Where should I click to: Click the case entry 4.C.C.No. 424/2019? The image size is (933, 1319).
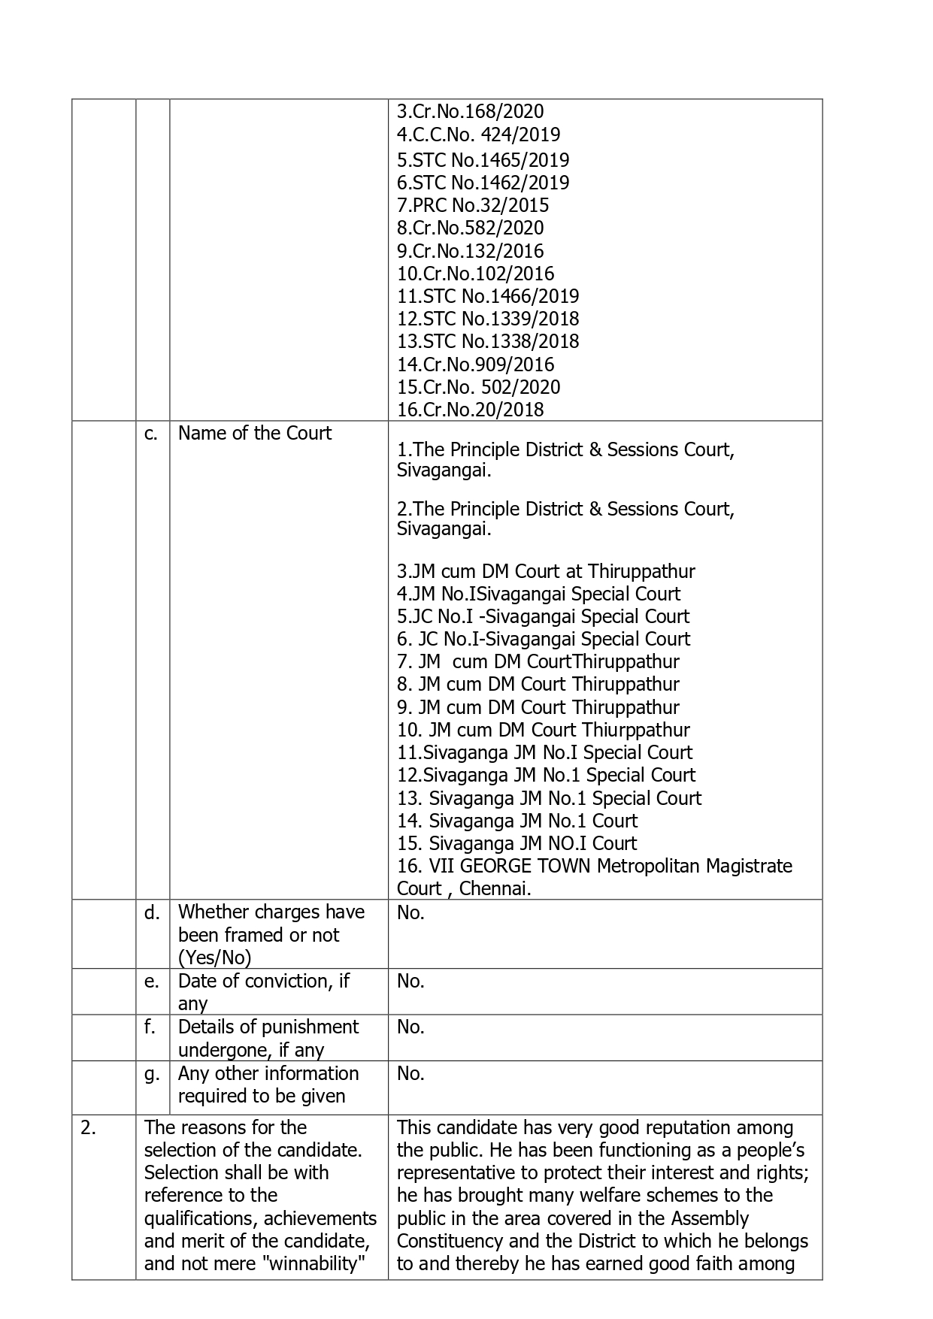coord(478,135)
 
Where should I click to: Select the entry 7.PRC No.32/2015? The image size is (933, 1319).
coord(473,205)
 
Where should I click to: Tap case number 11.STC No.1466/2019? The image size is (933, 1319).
coord(488,296)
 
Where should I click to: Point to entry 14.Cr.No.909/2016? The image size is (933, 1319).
coord(475,365)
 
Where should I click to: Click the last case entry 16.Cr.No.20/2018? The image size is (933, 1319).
coord(470,410)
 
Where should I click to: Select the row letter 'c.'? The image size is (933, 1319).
coord(151,434)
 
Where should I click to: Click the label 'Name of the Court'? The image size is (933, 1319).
coord(254,434)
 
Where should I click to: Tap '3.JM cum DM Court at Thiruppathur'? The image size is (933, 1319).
coord(546,571)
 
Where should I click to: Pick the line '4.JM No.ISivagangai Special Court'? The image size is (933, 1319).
coord(538,594)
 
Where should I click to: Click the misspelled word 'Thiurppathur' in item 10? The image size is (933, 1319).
coord(635,730)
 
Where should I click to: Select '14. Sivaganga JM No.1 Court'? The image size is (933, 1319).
coord(517,821)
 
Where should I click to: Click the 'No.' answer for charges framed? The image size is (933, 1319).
coord(410,912)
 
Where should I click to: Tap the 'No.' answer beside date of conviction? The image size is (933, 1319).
coord(410,981)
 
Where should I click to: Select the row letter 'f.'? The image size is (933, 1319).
coord(150,1027)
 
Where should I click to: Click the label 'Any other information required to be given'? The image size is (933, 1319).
coord(268,1085)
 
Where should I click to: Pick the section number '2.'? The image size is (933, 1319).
coord(88,1127)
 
